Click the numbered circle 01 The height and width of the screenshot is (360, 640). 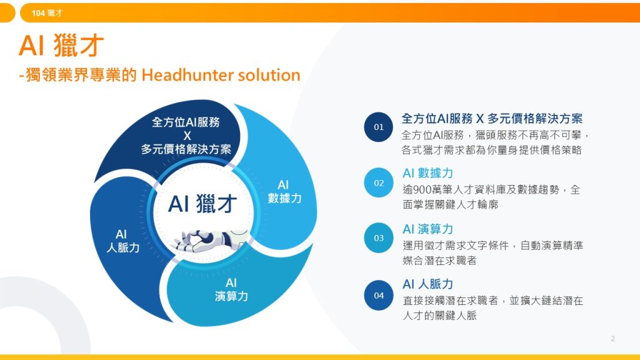pos(379,127)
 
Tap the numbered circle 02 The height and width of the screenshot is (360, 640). pos(379,182)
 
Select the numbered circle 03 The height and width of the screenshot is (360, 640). pos(379,237)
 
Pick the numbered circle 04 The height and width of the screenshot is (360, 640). pos(379,295)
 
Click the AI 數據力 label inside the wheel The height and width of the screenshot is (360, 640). pos(284,191)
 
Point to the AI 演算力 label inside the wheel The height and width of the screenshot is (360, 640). pos(231,289)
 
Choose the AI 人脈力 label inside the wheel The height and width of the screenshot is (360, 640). pos(122,241)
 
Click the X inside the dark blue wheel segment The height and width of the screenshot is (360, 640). pos(186,136)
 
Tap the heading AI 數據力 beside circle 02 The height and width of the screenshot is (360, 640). pos(427,173)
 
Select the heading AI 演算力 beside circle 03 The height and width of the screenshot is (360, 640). pos(427,229)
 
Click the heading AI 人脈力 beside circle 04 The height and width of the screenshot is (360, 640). pos(427,284)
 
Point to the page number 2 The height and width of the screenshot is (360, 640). pos(612,339)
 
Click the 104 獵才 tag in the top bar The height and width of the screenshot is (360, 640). pos(47,12)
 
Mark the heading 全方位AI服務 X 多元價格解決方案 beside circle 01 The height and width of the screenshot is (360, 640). pos(492,118)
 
